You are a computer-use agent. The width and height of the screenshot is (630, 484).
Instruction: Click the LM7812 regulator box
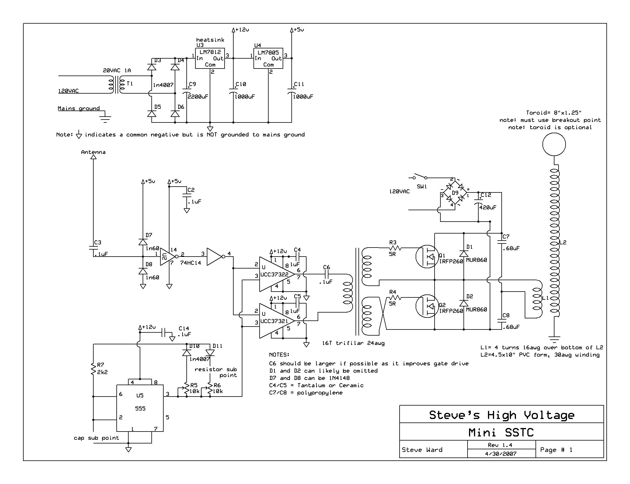click(x=210, y=58)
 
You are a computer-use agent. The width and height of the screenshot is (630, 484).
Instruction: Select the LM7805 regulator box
click(x=268, y=58)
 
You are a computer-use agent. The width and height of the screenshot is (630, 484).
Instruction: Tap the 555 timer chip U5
click(x=140, y=408)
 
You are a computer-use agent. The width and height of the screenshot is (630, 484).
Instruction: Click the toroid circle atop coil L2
click(x=554, y=144)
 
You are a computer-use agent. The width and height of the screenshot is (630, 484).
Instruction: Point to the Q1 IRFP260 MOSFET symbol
click(x=427, y=257)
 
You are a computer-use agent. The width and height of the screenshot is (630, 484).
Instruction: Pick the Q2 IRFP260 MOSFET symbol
click(x=427, y=306)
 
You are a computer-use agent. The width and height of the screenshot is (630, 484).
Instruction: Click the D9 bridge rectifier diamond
click(x=455, y=193)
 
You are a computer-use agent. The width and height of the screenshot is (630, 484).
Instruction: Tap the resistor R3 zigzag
click(x=395, y=248)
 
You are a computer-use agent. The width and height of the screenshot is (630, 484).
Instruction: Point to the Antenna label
click(x=93, y=152)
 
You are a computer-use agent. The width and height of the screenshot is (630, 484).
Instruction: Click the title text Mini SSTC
click(x=501, y=432)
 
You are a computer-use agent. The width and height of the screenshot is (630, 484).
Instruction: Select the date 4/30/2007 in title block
click(x=501, y=454)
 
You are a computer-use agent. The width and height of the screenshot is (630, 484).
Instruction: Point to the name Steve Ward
click(x=422, y=450)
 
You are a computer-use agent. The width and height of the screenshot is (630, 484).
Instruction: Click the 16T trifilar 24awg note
click(x=353, y=343)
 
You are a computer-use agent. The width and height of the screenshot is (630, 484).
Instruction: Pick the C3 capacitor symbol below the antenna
click(x=93, y=248)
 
